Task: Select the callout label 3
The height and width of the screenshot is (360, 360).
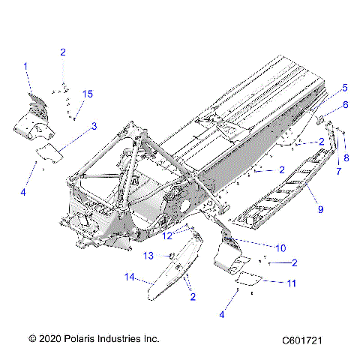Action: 94,126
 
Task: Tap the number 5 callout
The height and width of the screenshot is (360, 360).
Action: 345,87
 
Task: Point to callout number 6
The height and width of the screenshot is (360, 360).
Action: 346,104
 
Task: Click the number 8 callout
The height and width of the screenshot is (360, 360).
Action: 346,157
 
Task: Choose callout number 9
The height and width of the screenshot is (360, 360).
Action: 320,209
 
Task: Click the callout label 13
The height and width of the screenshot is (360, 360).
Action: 148,256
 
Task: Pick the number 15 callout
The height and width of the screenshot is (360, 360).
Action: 88,94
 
